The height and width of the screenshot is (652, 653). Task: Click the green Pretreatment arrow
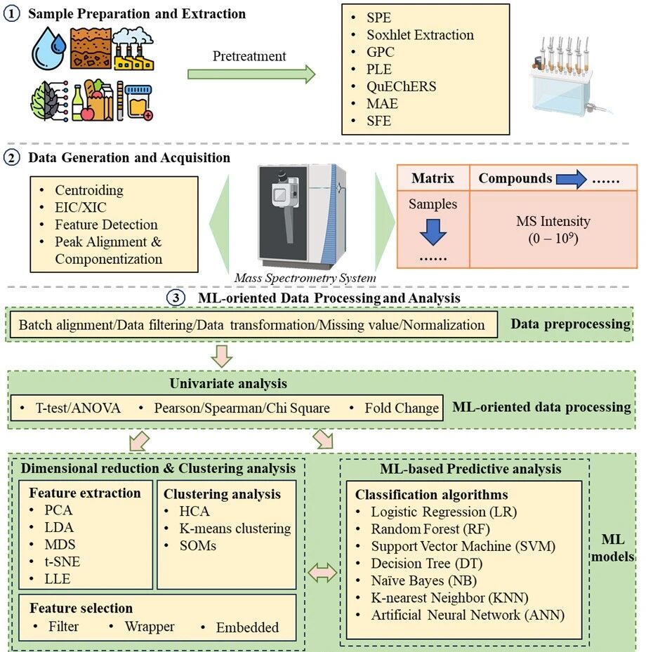(251, 74)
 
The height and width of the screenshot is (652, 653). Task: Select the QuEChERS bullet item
(401, 86)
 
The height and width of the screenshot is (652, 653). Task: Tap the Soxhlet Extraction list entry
(420, 34)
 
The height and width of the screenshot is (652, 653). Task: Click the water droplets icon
(49, 48)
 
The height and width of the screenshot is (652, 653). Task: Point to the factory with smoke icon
(133, 48)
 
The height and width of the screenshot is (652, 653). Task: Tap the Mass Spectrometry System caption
(305, 278)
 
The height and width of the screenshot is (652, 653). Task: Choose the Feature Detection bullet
(106, 225)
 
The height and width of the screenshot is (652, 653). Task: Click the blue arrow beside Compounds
(571, 179)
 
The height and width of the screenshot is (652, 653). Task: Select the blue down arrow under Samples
(433, 232)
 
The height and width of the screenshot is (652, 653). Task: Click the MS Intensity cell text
(553, 229)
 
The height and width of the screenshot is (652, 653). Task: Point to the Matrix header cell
(433, 178)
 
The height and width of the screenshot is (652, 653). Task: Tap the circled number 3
(176, 298)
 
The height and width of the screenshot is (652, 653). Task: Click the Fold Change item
(402, 408)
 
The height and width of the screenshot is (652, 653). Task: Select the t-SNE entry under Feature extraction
(62, 561)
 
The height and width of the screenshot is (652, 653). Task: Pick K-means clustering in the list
(235, 528)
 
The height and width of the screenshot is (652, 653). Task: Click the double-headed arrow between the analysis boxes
(322, 573)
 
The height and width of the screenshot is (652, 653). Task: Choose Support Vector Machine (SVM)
(463, 546)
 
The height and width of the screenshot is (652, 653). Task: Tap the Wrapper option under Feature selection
(150, 626)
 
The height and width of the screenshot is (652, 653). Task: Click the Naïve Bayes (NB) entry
(424, 580)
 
